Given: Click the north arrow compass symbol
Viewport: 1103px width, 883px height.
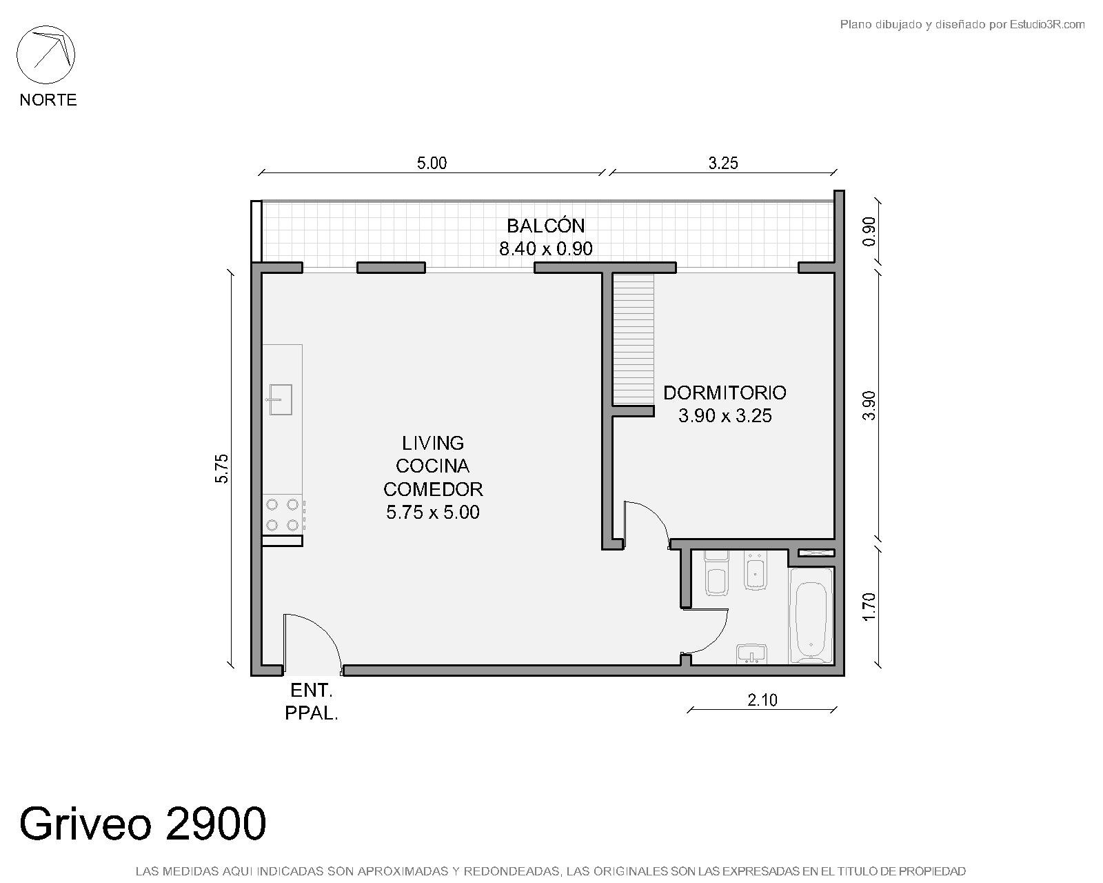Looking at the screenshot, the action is pyautogui.click(x=45, y=55).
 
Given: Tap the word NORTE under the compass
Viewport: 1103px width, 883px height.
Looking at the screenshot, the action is pyautogui.click(x=48, y=100).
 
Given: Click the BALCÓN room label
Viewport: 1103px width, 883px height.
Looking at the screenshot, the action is pyautogui.click(x=546, y=226).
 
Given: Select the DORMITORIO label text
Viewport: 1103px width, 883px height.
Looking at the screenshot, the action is pyautogui.click(x=725, y=393).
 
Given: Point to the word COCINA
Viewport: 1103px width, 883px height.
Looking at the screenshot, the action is pyautogui.click(x=433, y=466).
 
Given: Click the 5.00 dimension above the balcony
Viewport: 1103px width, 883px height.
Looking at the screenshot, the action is pyautogui.click(x=432, y=163).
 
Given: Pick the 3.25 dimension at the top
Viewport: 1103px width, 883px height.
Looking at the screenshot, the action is pyautogui.click(x=723, y=163).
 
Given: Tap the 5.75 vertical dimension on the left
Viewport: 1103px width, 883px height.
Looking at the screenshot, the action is pyautogui.click(x=222, y=468).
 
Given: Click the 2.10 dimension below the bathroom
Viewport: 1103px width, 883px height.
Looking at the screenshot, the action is pyautogui.click(x=762, y=700).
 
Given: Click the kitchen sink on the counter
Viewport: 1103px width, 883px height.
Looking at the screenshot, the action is pyautogui.click(x=279, y=399).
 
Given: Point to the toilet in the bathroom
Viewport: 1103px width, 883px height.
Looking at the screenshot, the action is pyautogui.click(x=717, y=574).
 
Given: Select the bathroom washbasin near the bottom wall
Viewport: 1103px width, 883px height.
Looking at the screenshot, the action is pyautogui.click(x=751, y=654).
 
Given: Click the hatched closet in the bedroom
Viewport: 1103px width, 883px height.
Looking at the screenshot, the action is pyautogui.click(x=634, y=339).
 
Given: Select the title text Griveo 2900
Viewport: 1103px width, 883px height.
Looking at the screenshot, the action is pyautogui.click(x=143, y=823).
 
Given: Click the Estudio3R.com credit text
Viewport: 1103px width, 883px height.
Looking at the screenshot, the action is pyautogui.click(x=1046, y=24).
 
